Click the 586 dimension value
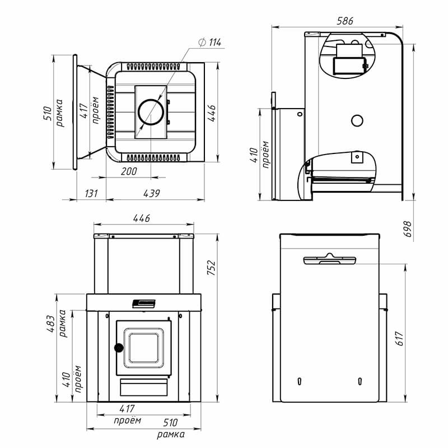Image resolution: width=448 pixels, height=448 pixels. coord(345,21)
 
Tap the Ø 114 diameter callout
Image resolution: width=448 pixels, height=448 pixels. coord(210,43)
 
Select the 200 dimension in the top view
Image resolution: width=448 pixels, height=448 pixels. coord(129,171)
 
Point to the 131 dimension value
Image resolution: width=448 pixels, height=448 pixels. coord(91,193)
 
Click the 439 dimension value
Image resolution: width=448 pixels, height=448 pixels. coord(151,193)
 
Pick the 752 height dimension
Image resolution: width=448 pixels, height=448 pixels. coord(212,268)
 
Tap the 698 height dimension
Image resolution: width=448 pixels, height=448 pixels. coord(408,229)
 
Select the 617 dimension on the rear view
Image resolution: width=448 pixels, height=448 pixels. coord(399,339)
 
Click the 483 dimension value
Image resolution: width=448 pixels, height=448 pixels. coord(50,324)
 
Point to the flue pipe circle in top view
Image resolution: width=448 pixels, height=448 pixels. coord(151,112)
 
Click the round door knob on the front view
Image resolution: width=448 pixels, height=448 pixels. coord(119,348)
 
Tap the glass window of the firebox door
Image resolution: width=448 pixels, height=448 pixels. coord(144,348)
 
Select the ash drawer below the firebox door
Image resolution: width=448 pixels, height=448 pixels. coord(144,388)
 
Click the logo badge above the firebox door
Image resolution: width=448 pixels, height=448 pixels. coord(144,304)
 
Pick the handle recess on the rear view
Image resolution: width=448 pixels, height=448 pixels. coord(329,259)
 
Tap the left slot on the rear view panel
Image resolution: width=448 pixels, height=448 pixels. coord(299,381)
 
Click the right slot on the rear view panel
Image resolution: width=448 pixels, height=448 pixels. coord(360,381)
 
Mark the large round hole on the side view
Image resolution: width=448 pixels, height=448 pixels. coord(357,121)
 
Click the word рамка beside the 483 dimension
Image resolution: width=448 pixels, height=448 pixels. coord(62,324)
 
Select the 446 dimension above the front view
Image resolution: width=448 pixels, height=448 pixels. coord(142,218)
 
